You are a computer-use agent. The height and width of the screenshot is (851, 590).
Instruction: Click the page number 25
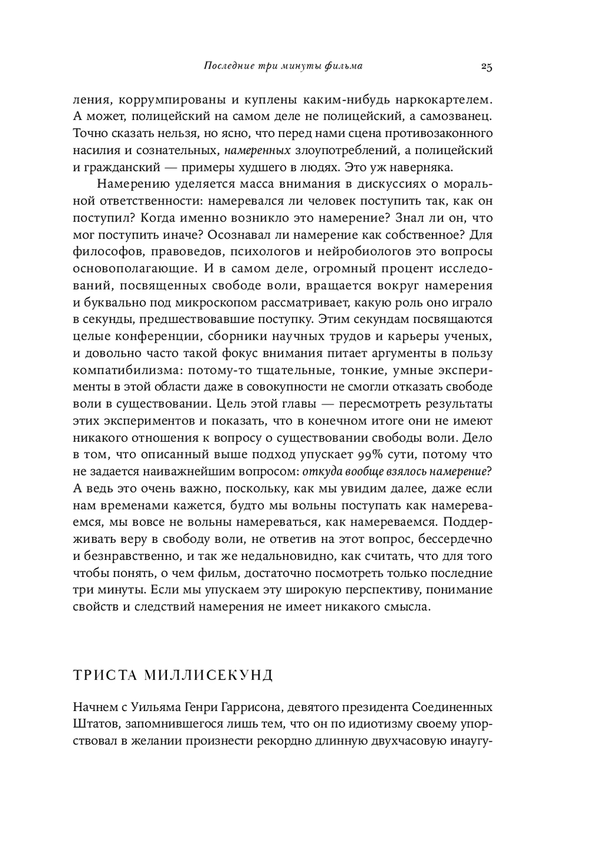(x=486, y=66)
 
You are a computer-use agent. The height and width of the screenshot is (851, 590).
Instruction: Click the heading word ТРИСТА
(x=101, y=675)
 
